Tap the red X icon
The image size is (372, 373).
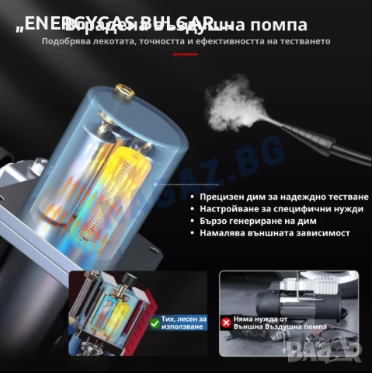pyautogui.click(x=226, y=321)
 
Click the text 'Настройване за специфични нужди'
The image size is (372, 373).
pyautogui.click(x=269, y=209)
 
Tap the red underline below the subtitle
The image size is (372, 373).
pyautogui.click(x=185, y=54)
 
